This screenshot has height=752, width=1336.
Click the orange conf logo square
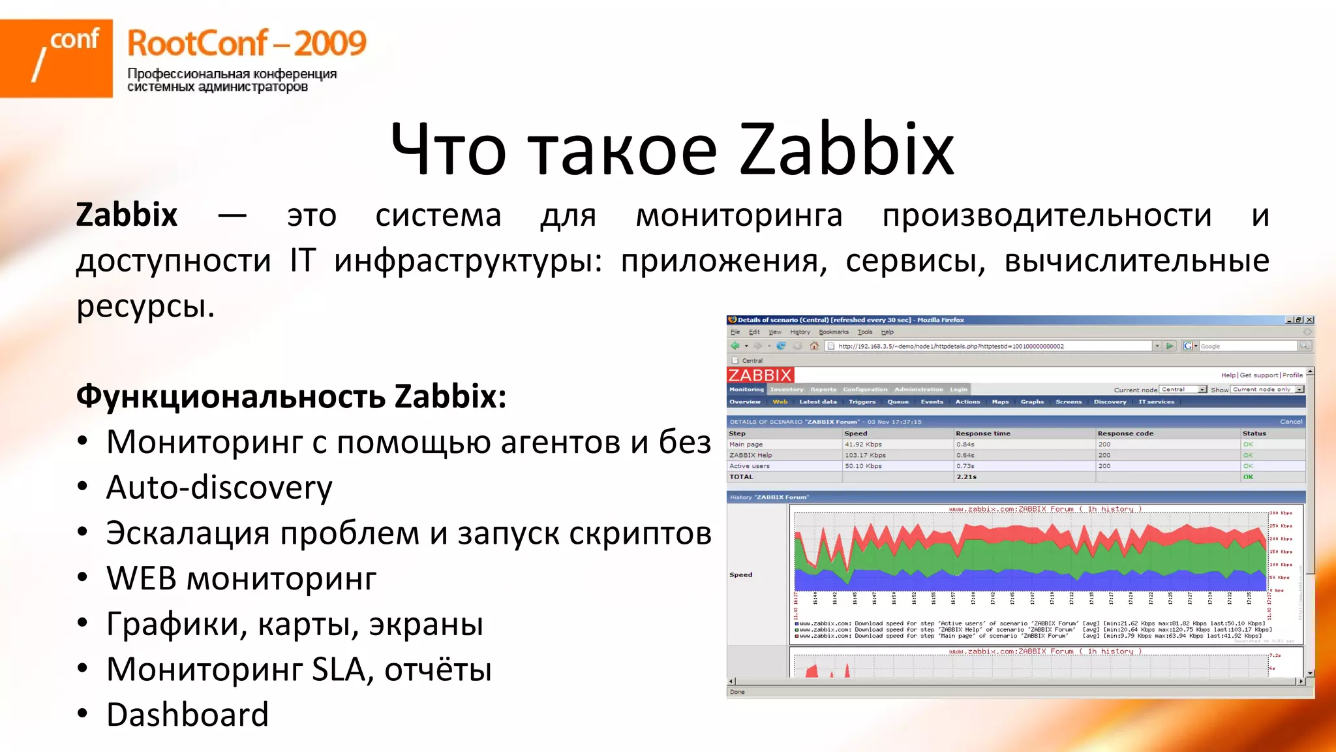(56, 58)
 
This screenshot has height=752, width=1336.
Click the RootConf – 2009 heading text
(247, 44)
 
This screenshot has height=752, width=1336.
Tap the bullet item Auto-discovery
(219, 488)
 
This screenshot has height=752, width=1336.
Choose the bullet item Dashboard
(187, 715)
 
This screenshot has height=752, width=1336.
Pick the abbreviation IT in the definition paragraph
(303, 260)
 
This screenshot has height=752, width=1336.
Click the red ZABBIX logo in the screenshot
(760, 375)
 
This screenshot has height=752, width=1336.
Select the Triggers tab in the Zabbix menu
(862, 402)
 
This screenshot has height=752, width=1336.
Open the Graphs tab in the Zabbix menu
(1032, 402)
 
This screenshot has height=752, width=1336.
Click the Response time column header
(982, 433)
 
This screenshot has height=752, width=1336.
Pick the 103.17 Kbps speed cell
(865, 455)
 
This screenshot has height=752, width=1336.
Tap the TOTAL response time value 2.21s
(966, 477)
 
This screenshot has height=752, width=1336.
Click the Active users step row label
(749, 466)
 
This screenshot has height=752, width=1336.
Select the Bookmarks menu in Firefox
(834, 332)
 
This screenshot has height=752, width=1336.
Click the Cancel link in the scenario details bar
(1291, 422)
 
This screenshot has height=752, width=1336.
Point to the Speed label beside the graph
(740, 575)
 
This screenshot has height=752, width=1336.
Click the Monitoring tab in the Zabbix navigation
(746, 390)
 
